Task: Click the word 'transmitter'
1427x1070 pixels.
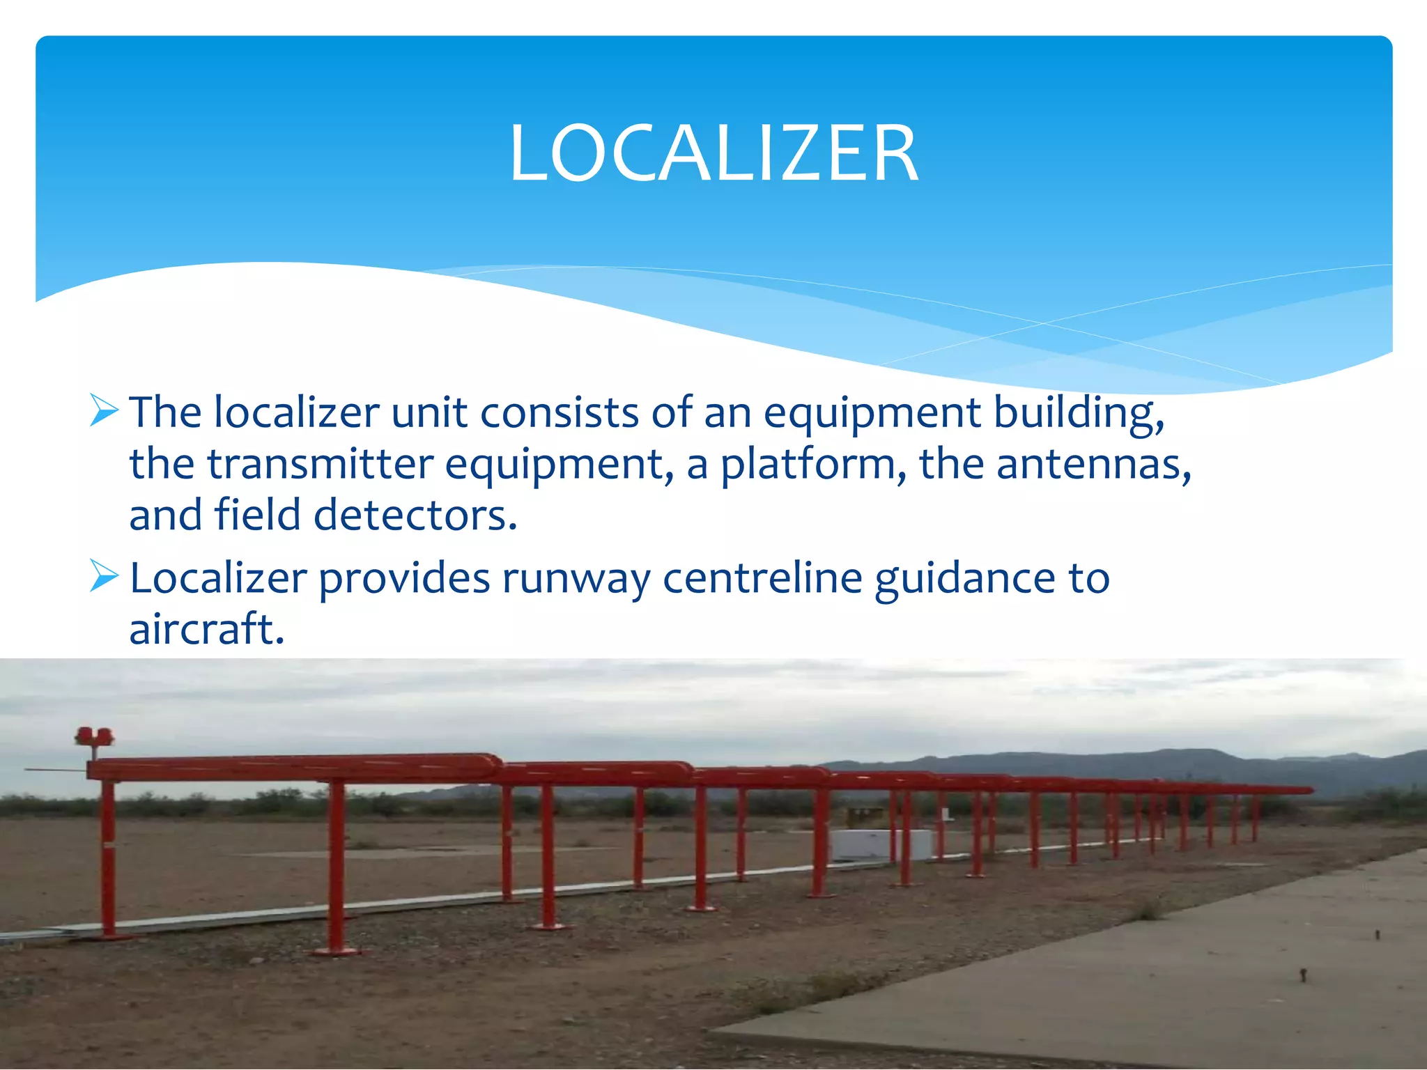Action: pos(320,465)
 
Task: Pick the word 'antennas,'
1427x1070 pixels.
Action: pos(1094,465)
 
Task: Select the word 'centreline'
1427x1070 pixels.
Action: pos(762,578)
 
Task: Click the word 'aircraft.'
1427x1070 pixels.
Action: pos(207,629)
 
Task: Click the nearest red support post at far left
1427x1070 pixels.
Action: pos(108,860)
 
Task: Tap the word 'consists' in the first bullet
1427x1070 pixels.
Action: pos(559,412)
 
